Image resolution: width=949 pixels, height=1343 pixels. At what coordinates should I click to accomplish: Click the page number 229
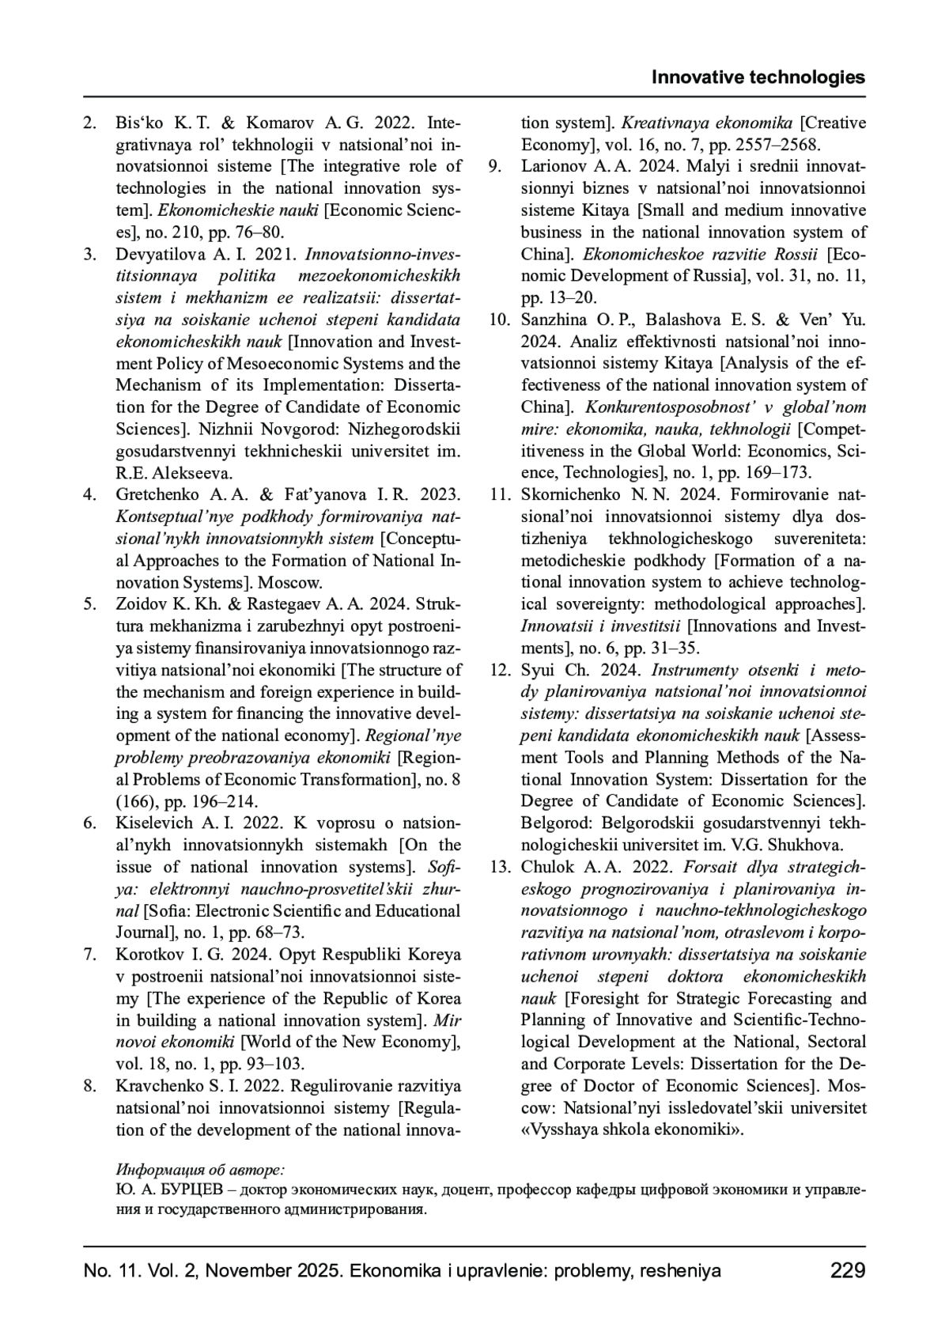coord(848,1271)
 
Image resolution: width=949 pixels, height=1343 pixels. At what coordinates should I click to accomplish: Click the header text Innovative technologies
coord(758,78)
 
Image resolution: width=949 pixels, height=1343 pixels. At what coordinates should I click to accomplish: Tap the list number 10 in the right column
coord(500,320)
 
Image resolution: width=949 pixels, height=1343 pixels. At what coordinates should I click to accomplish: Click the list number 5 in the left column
coord(91,604)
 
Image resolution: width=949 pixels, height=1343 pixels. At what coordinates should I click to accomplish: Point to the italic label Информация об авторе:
coord(200,1169)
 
